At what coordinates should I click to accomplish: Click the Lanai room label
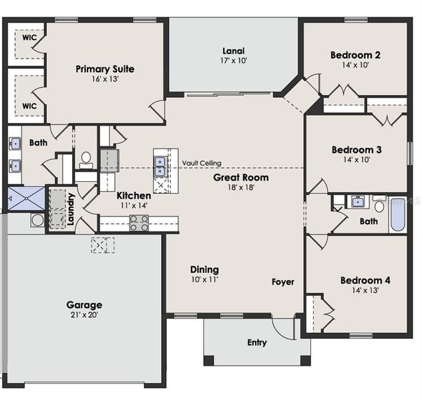[233, 51]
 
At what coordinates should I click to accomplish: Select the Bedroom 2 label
[355, 55]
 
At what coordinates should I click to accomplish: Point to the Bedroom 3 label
[356, 150]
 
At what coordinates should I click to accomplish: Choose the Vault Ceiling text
[202, 163]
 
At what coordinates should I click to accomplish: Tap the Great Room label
[241, 177]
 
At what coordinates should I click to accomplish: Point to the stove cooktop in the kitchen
[139, 223]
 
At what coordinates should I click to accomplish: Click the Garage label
[84, 305]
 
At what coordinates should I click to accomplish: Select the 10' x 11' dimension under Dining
[204, 279]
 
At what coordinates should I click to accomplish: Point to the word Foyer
[282, 282]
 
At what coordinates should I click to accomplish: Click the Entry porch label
[257, 343]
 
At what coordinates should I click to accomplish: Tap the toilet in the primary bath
[86, 159]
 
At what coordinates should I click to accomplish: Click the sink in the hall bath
[357, 202]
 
